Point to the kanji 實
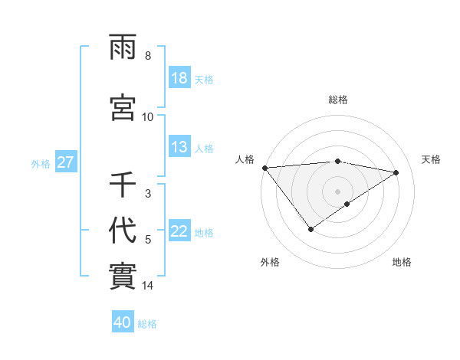coord(123,273)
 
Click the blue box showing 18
coord(179,78)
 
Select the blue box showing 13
coord(179,148)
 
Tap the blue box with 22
coord(179,232)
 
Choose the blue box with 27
coord(65,162)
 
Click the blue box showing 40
coord(123,323)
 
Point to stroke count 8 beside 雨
coord(148,56)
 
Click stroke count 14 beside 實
coord(148,286)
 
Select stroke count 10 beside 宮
coord(148,117)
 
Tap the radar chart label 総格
coord(338,100)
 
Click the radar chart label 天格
coord(431,159)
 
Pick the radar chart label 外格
coord(270,262)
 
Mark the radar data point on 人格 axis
coord(264,168)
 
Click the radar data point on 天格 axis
coord(396,172)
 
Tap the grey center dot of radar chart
coord(337,191)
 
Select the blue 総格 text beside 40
coord(147,324)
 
